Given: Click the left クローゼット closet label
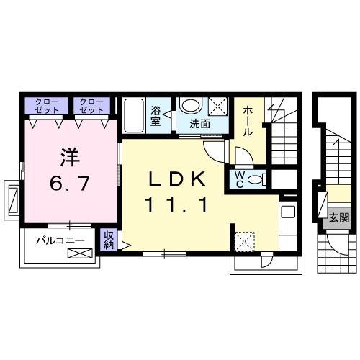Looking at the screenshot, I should pyautogui.click(x=48, y=106).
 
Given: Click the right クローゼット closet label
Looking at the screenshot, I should pyautogui.click(x=91, y=106).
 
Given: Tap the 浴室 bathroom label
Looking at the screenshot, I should pyautogui.click(x=156, y=116).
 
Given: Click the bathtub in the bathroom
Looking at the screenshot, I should pyautogui.click(x=135, y=114).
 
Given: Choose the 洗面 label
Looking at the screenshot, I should pyautogui.click(x=200, y=124).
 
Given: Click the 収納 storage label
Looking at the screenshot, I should pyautogui.click(x=109, y=240).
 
